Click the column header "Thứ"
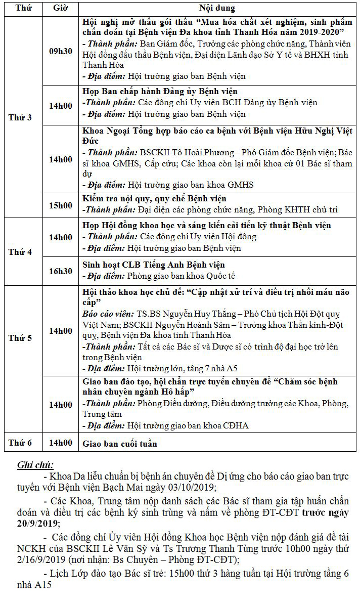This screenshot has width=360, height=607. tap(21, 9)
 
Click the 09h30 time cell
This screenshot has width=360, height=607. tap(60, 52)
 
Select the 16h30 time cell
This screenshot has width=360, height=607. tap(60, 271)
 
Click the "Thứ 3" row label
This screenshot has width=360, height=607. tap(20, 117)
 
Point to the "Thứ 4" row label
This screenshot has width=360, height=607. tap(20, 252)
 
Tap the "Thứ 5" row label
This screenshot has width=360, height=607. tap(20, 338)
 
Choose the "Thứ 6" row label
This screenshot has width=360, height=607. tap(20, 443)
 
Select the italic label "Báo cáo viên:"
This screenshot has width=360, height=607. tap(106, 314)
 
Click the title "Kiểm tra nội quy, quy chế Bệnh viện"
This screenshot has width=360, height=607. tap(154, 199)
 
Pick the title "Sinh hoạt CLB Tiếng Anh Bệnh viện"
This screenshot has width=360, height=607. tap(154, 265)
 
